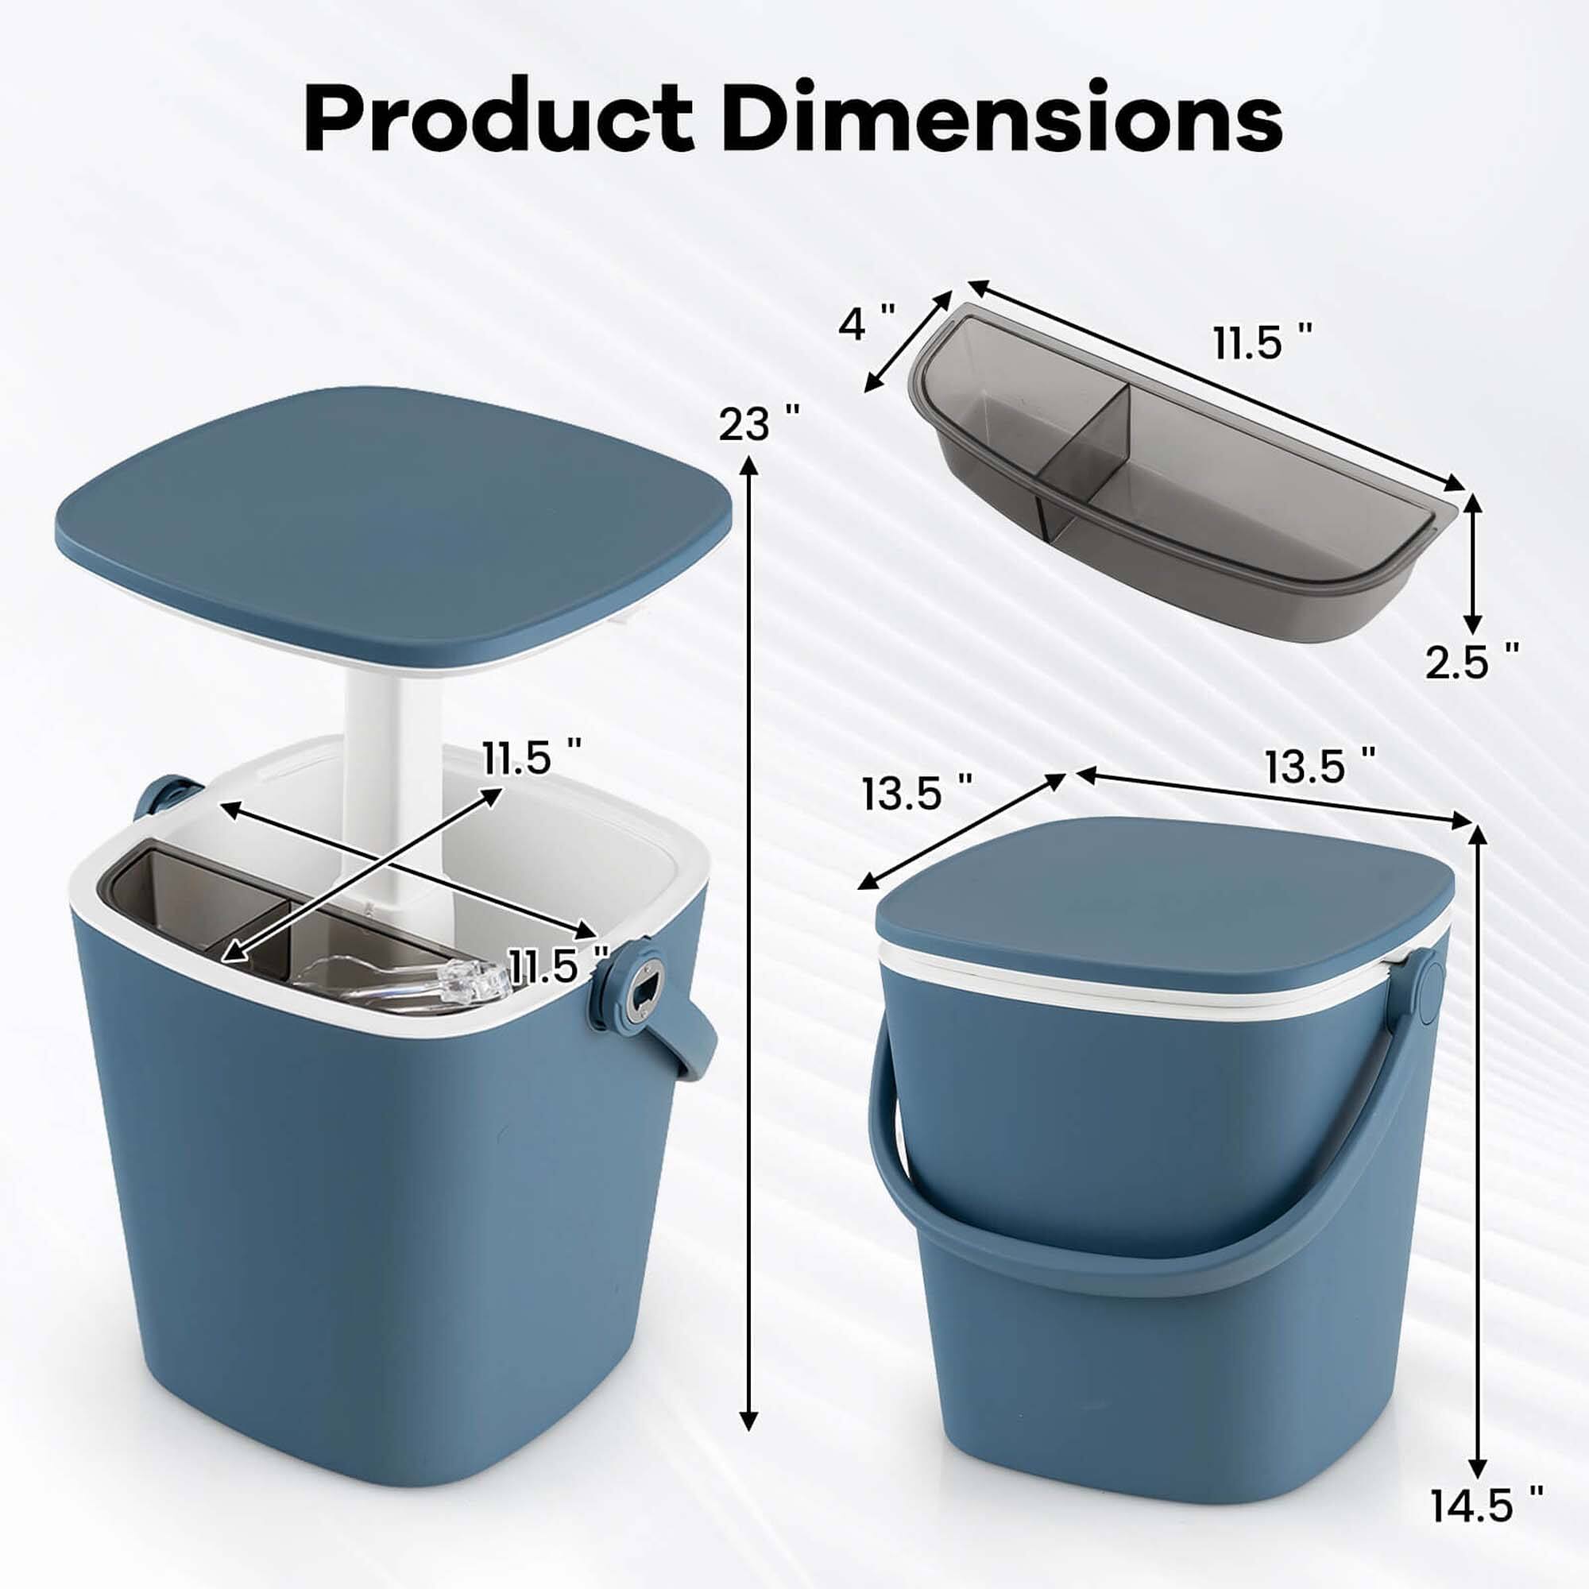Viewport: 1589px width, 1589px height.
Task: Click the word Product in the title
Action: pyautogui.click(x=498, y=117)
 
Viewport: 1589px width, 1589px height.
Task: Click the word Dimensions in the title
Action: pyautogui.click(x=1005, y=117)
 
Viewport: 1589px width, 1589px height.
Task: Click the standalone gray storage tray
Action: pyautogui.click(x=1168, y=493)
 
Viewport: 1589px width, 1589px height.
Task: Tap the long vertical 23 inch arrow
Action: pyautogui.click(x=748, y=905)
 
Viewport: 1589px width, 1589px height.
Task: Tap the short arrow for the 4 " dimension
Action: pyautogui.click(x=907, y=340)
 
